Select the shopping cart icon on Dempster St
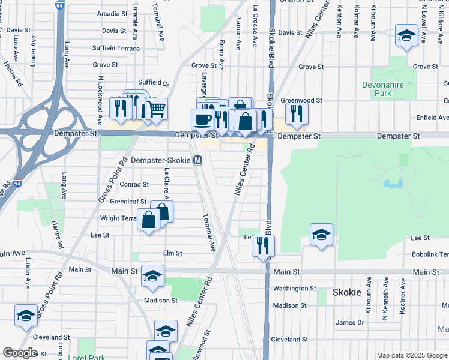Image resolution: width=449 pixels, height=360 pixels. click(156, 109)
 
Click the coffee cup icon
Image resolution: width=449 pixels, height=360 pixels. click(203, 119)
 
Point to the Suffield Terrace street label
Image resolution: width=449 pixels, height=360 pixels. click(116, 49)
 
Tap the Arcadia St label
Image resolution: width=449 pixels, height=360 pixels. click(112, 13)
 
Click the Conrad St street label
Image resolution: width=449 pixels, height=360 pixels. click(134, 185)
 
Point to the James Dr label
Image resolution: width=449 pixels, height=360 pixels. click(350, 322)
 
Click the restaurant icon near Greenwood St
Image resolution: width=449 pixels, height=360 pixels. click(296, 113)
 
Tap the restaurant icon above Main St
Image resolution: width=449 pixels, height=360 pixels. click(263, 245)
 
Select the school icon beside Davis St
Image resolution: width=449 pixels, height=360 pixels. click(406, 36)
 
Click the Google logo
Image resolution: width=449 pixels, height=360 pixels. click(20, 353)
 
